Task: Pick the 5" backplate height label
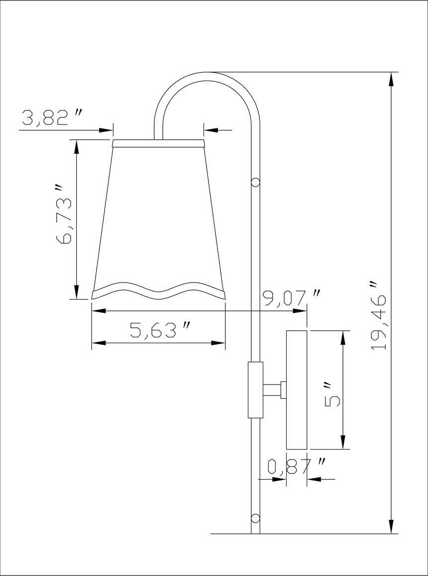click(x=332, y=394)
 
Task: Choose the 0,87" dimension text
click(x=297, y=467)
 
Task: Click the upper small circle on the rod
click(x=256, y=182)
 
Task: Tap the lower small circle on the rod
click(x=256, y=518)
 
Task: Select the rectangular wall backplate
click(x=297, y=389)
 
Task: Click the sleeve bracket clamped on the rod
click(x=255, y=390)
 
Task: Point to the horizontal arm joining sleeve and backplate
click(x=272, y=390)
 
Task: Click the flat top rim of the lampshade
click(x=159, y=144)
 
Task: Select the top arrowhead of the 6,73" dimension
click(x=76, y=147)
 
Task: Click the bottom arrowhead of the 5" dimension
click(x=342, y=442)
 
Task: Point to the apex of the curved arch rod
click(x=208, y=76)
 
